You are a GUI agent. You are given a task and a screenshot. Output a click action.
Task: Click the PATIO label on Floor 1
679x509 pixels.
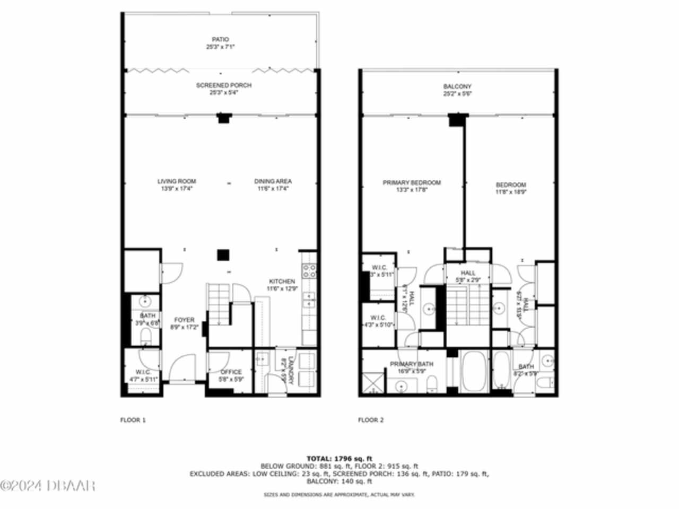tap(220, 39)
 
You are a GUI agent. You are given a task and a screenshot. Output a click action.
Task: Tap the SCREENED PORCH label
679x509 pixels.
tap(223, 85)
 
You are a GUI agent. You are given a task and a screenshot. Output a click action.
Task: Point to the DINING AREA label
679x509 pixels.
tap(273, 181)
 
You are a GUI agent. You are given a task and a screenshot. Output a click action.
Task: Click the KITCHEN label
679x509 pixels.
tap(282, 282)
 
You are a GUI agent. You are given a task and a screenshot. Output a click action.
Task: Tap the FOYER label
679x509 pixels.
tap(184, 320)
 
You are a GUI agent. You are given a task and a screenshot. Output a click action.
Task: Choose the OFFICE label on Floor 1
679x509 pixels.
tap(231, 372)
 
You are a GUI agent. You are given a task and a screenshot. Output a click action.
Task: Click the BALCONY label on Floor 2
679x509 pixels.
tap(457, 86)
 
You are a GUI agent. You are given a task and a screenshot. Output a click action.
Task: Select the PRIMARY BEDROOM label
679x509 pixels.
tap(412, 183)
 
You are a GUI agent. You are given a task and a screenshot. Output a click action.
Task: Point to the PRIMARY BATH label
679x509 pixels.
tap(411, 364)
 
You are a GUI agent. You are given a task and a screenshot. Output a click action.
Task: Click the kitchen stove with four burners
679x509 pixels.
tap(309, 271)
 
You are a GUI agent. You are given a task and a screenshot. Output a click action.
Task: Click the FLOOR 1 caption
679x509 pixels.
tap(133, 420)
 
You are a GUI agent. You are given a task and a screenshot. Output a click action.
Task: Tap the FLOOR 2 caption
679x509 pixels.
tap(370, 420)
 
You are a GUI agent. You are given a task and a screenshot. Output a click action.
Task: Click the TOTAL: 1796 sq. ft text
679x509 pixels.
tap(339, 458)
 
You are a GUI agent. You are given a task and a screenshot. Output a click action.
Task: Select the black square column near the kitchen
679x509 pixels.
tap(223, 255)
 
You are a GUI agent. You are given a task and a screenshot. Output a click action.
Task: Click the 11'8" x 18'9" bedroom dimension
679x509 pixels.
tap(511, 192)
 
